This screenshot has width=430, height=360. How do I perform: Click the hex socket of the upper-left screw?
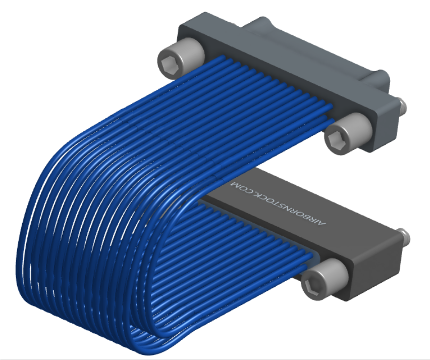168,66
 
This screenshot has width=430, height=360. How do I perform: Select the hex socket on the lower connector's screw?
313,288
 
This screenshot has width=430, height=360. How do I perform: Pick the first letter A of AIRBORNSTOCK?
323,224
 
